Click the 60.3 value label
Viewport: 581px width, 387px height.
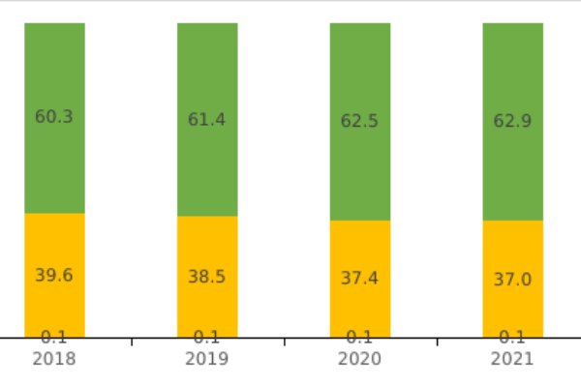[54, 117]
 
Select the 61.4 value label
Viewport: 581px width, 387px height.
[207, 120]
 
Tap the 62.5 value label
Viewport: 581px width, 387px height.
[360, 122]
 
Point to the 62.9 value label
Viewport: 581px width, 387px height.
[513, 122]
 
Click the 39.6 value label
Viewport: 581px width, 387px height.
[54, 276]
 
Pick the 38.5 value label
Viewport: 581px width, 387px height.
[207, 277]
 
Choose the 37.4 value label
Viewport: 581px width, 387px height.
[360, 279]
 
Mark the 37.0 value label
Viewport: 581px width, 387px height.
[513, 280]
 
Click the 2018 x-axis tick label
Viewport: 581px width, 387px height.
[54, 359]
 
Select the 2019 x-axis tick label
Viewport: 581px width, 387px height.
[207, 359]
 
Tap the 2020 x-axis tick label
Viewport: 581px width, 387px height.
[360, 359]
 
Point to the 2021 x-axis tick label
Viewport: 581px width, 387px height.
[513, 359]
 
